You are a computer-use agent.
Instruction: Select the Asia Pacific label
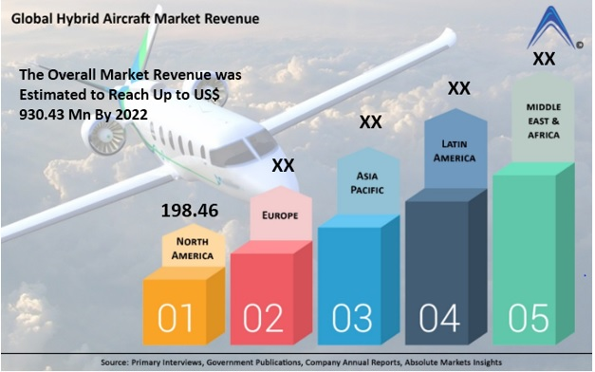(x=367, y=182)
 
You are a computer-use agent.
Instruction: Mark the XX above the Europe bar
(x=283, y=166)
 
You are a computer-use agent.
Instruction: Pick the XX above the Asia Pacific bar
(x=370, y=122)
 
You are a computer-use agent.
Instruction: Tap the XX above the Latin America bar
(x=458, y=88)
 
